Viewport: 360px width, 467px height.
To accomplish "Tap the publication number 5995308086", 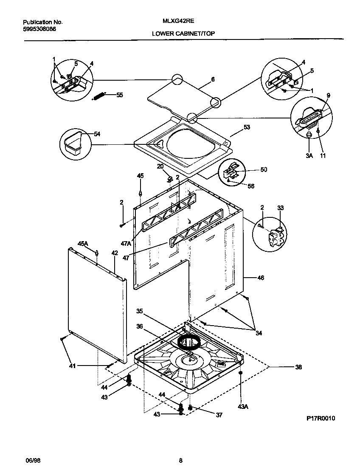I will pos(39,29).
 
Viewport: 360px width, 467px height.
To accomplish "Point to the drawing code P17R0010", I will pos(321,418).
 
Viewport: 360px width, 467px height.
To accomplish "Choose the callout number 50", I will pos(264,170).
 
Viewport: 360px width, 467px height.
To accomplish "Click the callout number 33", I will pos(280,208).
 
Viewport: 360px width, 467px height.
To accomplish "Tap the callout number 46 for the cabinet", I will pos(260,278).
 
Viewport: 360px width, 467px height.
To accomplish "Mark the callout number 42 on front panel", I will pos(114,253).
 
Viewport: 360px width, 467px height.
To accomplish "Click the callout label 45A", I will pos(82,243).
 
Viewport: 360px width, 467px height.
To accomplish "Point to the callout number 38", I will pos(298,367).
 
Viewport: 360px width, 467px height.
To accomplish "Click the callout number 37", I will pos(219,415).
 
